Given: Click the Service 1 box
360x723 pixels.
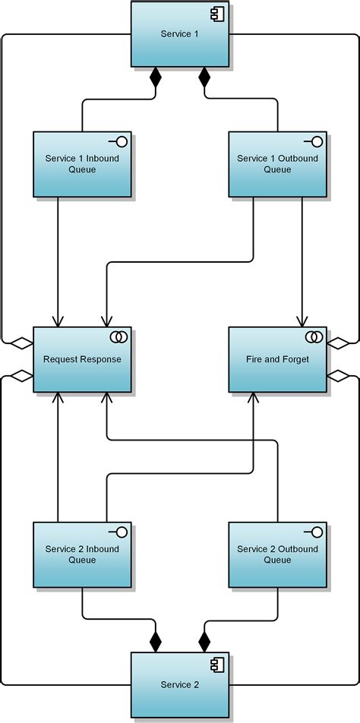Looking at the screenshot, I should (x=180, y=34).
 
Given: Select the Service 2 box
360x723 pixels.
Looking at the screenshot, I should (x=180, y=684).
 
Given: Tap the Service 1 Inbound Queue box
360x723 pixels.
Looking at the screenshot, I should (x=82, y=164).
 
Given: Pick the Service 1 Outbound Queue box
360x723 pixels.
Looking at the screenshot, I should (x=277, y=164).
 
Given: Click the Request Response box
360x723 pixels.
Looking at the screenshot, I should (x=82, y=359).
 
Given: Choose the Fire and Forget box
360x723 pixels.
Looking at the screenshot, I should (x=277, y=359).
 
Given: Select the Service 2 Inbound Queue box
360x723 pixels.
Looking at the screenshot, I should (x=82, y=554).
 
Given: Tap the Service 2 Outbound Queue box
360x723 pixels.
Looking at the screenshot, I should (x=277, y=554).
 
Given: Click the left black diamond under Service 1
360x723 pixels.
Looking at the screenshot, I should (x=156, y=77).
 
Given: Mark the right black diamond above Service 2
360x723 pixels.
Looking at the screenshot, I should (x=204, y=642).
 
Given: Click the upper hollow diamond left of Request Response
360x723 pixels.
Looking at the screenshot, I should (x=22, y=343).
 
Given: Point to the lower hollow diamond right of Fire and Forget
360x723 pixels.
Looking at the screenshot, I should (x=338, y=375).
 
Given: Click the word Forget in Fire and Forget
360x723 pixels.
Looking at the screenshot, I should (x=295, y=359).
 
